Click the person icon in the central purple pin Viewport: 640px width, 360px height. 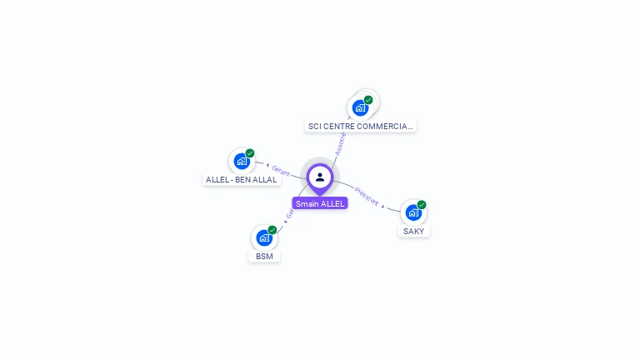[319, 177]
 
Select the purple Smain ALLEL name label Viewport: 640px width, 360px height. [320, 203]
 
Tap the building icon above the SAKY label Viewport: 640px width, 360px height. [412, 212]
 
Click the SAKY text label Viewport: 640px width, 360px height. [413, 231]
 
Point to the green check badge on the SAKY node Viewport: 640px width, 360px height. [422, 205]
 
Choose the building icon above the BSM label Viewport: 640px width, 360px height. [264, 237]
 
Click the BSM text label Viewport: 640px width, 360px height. [264, 256]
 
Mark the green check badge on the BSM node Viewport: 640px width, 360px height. [272, 230]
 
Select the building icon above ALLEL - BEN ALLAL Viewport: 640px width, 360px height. [242, 161]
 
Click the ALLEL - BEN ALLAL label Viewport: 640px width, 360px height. [242, 179]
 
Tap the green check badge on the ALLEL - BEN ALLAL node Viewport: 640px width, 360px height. [250, 153]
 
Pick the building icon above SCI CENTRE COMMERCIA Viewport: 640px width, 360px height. [360, 107]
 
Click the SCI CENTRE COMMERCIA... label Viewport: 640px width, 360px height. [360, 126]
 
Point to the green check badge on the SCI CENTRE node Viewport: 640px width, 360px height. [368, 100]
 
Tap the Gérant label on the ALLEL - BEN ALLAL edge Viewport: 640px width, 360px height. [281, 169]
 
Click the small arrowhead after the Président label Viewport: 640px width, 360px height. [383, 205]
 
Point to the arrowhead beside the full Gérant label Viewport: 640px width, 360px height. [267, 165]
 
